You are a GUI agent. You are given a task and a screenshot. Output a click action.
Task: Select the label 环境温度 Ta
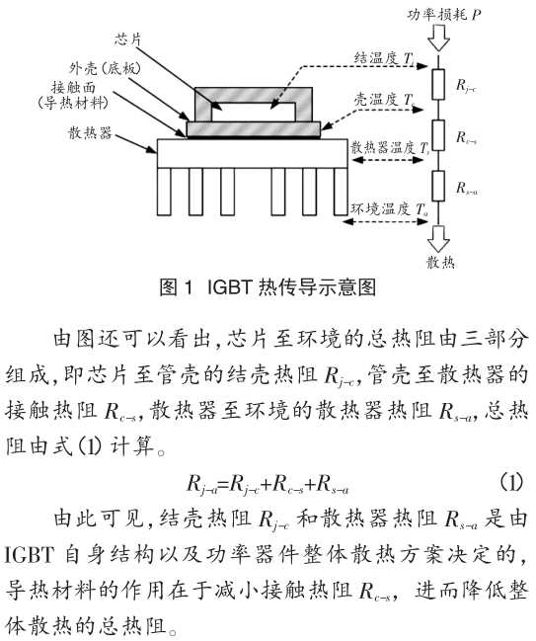click(x=389, y=208)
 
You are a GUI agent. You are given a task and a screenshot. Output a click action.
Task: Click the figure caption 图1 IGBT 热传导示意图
click(x=267, y=288)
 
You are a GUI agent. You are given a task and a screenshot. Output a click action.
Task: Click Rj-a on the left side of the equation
click(x=202, y=484)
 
